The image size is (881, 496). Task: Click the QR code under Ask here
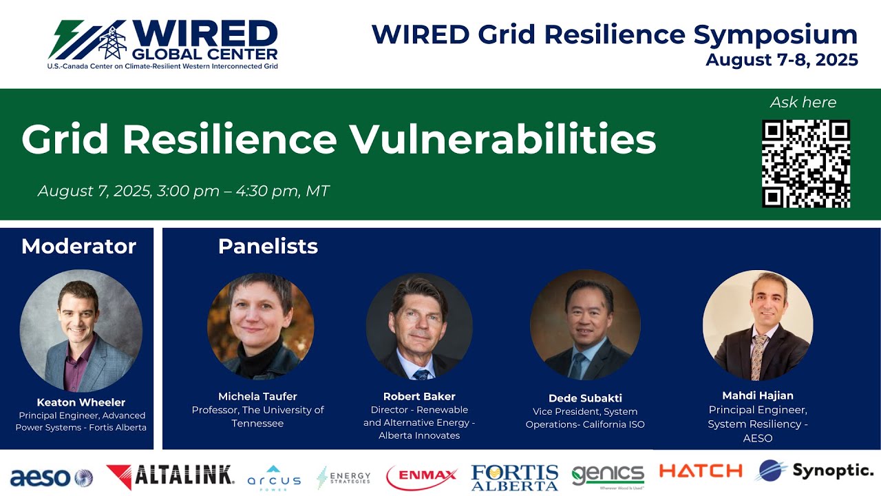pyautogui.click(x=805, y=163)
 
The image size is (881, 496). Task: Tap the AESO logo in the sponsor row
pyautogui.click(x=50, y=477)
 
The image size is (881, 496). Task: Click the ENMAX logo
pyautogui.click(x=421, y=476)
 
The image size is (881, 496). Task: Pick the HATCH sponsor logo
pyautogui.click(x=700, y=471)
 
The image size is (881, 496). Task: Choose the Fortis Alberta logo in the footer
pyautogui.click(x=514, y=477)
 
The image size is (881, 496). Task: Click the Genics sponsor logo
pyautogui.click(x=608, y=475)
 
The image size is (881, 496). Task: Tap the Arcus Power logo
pyautogui.click(x=274, y=477)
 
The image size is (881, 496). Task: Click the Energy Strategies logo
pyautogui.click(x=343, y=477)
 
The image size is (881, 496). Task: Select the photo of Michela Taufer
pyautogui.click(x=261, y=326)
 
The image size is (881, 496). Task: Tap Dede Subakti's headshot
pyautogui.click(x=585, y=324)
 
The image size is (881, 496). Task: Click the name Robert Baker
pyautogui.click(x=419, y=396)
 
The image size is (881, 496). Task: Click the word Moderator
pyautogui.click(x=78, y=247)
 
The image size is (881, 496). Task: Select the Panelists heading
pyautogui.click(x=268, y=247)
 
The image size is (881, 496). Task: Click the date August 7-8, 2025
pyautogui.click(x=781, y=60)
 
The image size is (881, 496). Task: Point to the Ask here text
pyautogui.click(x=803, y=103)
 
